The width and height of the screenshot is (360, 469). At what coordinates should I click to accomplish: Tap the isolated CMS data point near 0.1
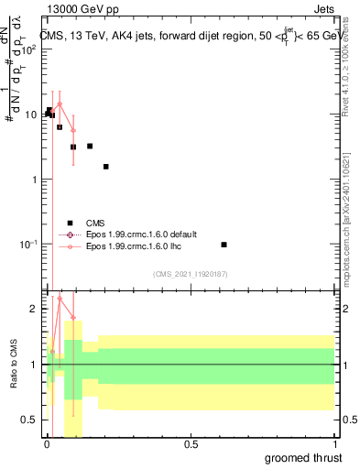[x=224, y=245]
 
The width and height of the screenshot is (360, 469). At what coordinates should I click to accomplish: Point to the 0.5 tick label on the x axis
[x=191, y=443]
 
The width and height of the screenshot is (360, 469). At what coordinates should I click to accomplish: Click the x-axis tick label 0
[x=47, y=443]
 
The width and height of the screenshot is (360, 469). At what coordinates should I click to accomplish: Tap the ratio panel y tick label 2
[x=34, y=310]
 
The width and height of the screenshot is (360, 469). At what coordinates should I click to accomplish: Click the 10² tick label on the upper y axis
[x=27, y=49]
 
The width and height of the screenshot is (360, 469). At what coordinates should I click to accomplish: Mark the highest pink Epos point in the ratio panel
[x=60, y=298]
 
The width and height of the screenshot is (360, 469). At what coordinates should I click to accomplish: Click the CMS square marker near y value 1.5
[x=106, y=167]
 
